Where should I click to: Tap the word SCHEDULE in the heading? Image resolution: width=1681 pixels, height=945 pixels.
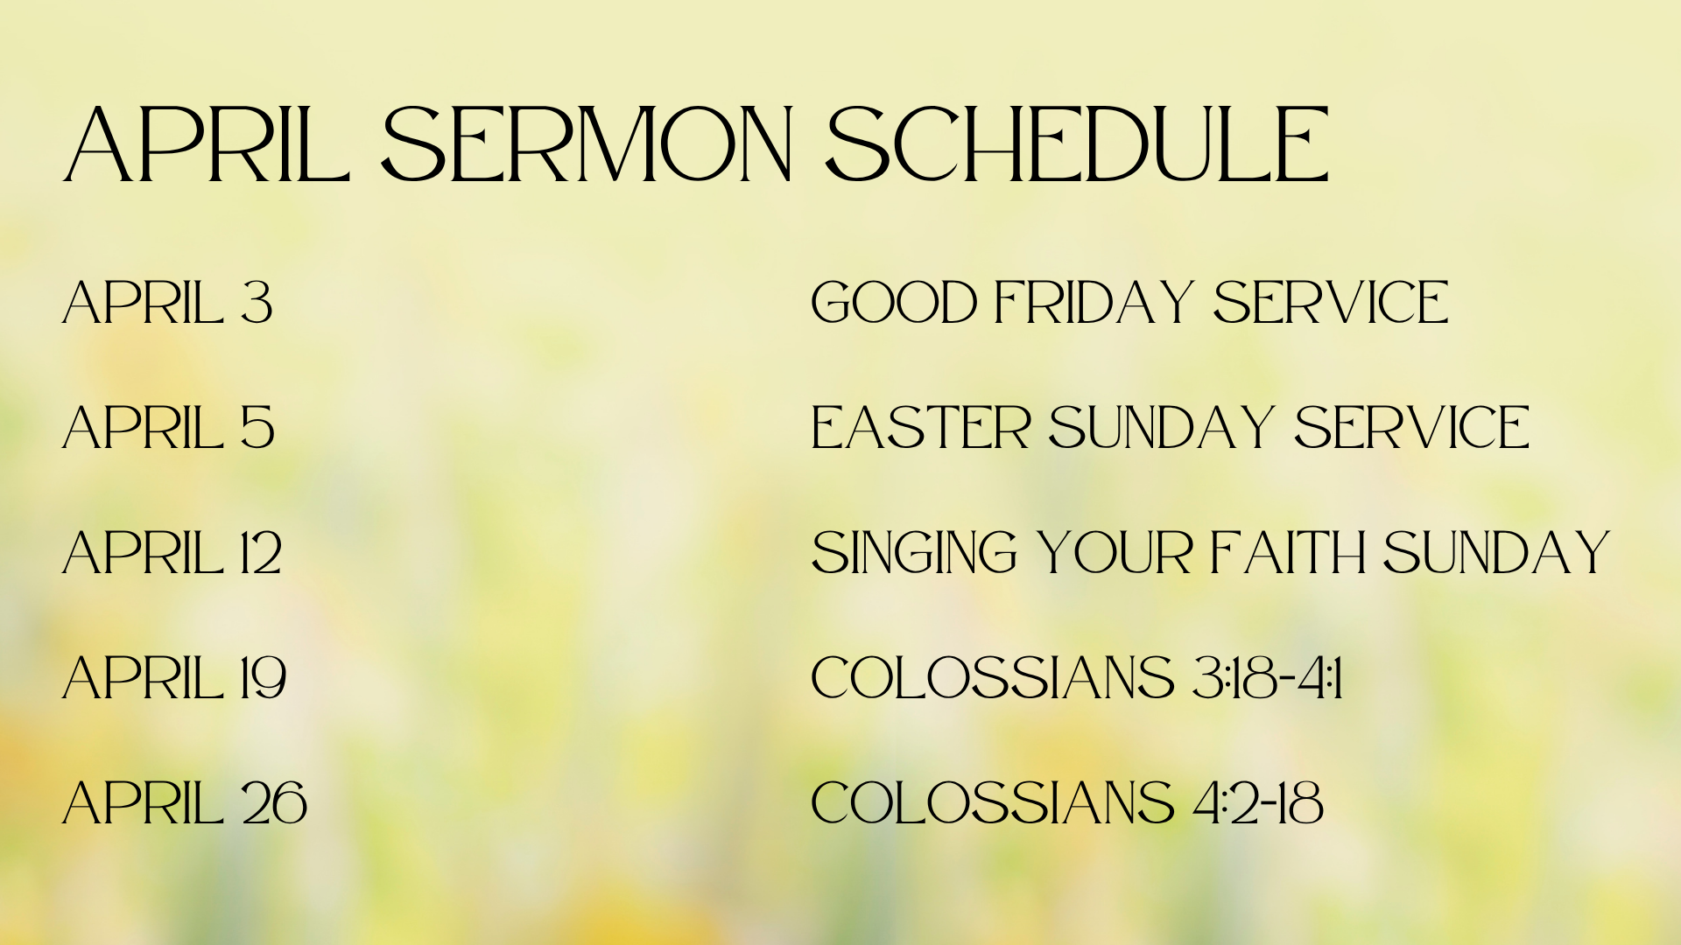point(1078,144)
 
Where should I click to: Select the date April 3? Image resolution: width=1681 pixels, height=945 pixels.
point(167,303)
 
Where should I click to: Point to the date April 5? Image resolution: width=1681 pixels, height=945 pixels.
point(168,428)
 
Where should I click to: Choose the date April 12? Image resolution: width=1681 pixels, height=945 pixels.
point(172,553)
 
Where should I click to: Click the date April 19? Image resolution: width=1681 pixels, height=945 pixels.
point(174,678)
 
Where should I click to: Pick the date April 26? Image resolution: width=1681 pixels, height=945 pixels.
point(185,803)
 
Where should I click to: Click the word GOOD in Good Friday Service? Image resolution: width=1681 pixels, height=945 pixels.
point(894,303)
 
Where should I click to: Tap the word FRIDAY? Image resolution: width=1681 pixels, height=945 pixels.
point(1094,303)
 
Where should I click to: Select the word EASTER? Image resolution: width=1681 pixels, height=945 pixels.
point(921,428)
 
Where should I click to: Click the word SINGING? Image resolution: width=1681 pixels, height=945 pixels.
point(915,553)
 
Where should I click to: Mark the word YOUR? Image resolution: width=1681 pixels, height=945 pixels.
point(1115,553)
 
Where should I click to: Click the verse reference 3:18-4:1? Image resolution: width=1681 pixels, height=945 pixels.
point(1268,678)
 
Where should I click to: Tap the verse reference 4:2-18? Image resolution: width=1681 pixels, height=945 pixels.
point(1258,803)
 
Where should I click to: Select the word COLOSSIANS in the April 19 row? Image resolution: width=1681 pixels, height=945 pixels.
point(993,678)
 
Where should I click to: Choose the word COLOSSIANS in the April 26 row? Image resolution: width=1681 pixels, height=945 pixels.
point(993,803)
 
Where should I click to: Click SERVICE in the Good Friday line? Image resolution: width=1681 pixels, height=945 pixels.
point(1331,303)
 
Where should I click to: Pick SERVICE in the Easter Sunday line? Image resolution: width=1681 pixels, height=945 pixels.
point(1412,428)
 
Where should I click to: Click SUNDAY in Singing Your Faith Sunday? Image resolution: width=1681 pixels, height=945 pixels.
point(1496,553)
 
